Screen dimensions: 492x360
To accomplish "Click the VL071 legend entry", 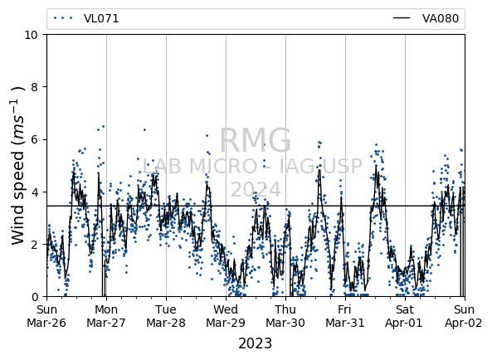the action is (x=86, y=18).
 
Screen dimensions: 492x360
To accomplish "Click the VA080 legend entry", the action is (x=426, y=18).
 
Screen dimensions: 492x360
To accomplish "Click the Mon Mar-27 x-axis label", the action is (x=106, y=316).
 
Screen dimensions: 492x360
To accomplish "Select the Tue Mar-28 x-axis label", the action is (x=166, y=316).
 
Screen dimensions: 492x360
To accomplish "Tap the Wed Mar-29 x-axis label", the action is (x=226, y=316).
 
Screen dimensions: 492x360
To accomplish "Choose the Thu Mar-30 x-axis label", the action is (x=285, y=316).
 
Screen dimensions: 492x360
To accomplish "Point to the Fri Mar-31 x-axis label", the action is (x=345, y=316).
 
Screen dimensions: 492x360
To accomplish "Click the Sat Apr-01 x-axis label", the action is (x=405, y=316).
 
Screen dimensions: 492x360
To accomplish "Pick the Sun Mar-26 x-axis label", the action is (x=46, y=316).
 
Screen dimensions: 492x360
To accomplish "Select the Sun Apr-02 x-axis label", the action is (x=464, y=316).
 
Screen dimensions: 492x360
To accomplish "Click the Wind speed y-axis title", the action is (x=18, y=165).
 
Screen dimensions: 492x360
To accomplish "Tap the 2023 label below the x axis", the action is (x=255, y=343).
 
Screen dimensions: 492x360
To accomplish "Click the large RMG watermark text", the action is (x=255, y=140).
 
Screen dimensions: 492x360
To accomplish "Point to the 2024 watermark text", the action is (x=256, y=189).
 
